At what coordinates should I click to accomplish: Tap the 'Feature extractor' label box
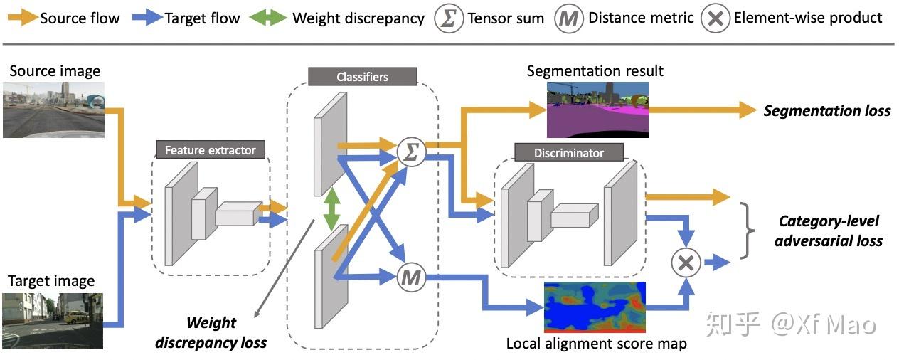point(210,150)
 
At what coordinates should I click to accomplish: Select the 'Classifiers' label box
point(362,76)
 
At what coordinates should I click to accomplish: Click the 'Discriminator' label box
point(568,152)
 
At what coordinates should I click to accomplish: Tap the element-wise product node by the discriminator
point(686,263)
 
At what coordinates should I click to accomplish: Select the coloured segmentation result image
point(597,109)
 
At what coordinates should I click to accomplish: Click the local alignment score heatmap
point(594,307)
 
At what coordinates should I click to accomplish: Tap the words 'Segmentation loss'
point(826,111)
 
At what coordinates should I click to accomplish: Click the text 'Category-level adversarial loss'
point(828,231)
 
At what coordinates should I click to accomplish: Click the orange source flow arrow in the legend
point(21,18)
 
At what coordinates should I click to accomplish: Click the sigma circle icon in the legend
point(448,18)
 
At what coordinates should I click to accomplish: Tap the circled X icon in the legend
point(714,18)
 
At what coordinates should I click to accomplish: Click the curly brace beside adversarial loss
point(746,230)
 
